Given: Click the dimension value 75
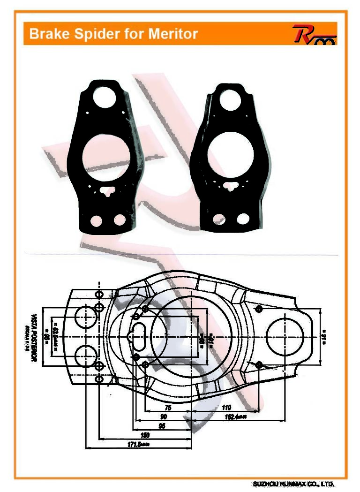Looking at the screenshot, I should tap(168, 408).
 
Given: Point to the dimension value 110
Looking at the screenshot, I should tap(227, 408).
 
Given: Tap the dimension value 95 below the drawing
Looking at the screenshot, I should tap(162, 426).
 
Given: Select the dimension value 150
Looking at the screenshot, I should tap(145, 435).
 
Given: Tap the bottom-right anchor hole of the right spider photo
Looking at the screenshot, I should tap(243, 219).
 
